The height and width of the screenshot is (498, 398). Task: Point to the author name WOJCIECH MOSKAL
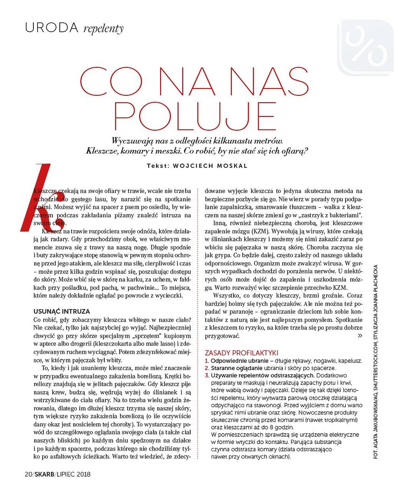[211, 166]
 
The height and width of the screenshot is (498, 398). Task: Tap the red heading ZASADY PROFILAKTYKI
[242, 353]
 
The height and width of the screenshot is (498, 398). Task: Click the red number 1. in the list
[207, 361]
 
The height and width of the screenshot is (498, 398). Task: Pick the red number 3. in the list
[207, 375]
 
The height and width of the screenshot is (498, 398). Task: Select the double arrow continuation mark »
[360, 336]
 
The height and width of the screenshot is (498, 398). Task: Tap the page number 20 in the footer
[28, 474]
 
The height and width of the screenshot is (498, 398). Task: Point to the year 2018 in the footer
[83, 474]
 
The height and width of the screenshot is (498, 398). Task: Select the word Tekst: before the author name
[158, 166]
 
